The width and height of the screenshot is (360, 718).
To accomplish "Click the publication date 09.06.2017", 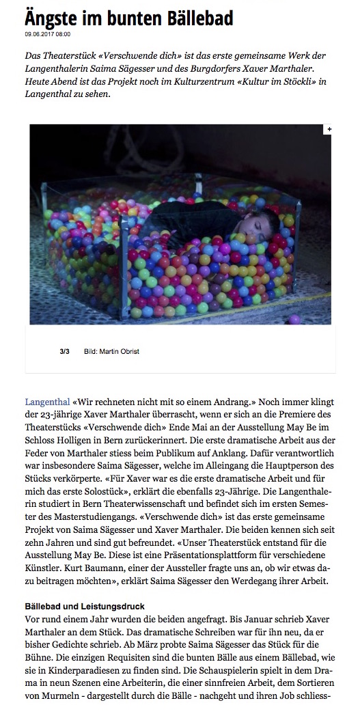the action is tap(40, 33).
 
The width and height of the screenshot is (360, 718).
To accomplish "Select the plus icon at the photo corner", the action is tap(329, 129).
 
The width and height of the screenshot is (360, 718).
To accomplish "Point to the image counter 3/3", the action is tap(65, 351).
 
